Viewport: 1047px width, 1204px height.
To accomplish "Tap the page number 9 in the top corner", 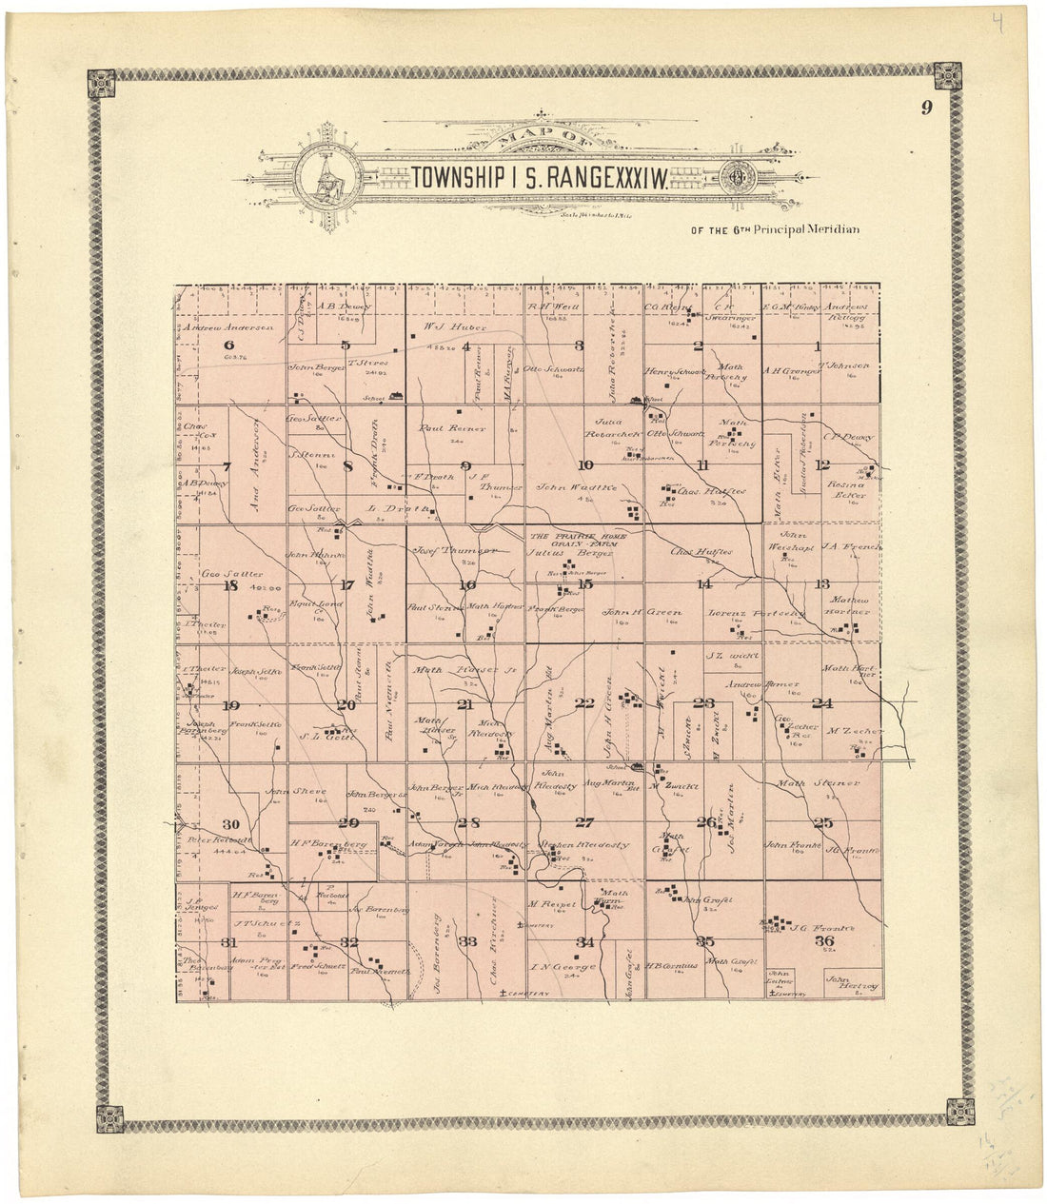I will coord(925,108).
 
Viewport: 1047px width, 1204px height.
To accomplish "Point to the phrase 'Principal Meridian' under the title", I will coord(807,229).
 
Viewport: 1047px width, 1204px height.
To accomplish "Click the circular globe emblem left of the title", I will coord(326,178).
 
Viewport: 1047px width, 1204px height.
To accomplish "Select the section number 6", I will coord(228,345).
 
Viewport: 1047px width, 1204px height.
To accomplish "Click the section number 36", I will coord(823,941).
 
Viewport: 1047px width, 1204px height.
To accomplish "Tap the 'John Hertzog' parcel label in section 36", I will coord(851,982).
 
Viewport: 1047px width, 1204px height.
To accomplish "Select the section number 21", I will coord(465,704).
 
